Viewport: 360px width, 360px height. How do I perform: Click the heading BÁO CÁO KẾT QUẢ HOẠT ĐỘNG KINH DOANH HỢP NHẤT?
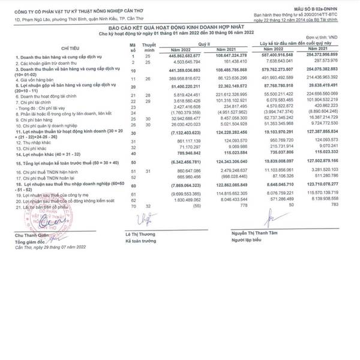179,28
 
